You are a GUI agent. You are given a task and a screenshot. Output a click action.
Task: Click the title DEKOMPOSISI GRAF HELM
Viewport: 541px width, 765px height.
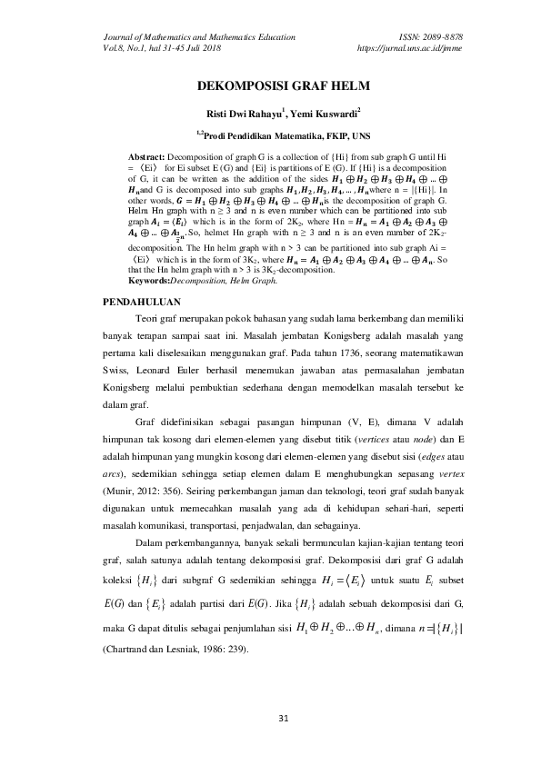[270, 88]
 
